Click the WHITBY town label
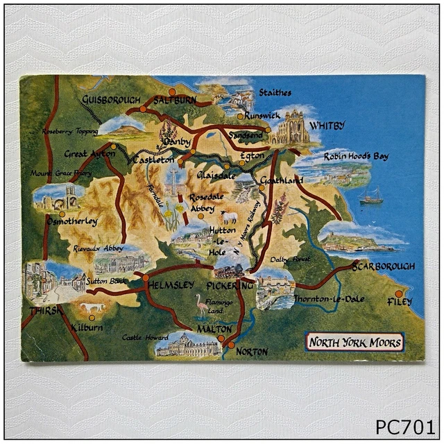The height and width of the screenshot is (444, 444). point(327,126)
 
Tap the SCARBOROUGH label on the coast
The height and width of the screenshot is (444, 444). point(382,266)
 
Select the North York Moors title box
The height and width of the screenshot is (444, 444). point(355,342)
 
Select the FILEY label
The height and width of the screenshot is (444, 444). point(400,302)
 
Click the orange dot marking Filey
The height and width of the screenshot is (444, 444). point(398,293)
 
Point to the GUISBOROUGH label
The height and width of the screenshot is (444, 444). point(111,100)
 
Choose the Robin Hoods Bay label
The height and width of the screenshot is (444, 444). point(356,157)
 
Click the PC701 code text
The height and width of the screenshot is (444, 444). point(405,425)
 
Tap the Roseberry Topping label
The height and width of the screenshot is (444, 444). point(69,131)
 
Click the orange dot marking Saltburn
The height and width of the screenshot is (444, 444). point(172,92)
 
